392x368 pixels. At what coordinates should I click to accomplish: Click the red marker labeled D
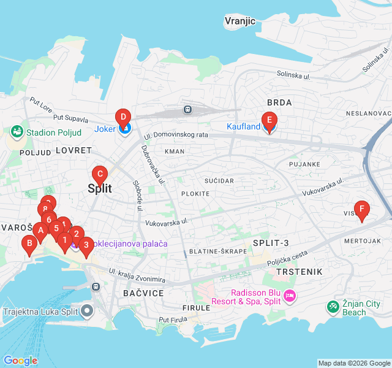coord(123,117)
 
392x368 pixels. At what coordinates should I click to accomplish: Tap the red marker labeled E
coord(268,120)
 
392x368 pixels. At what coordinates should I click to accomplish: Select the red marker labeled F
coord(362,209)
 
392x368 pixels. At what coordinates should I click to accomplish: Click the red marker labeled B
coord(28,243)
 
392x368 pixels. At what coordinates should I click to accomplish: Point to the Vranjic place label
coord(239,21)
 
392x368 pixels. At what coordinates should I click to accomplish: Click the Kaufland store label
coord(244,126)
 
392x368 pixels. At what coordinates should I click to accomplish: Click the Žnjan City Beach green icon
coord(333,305)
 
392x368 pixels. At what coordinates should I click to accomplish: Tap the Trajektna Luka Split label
coord(40,312)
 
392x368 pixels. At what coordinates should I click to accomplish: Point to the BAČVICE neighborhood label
coord(143,293)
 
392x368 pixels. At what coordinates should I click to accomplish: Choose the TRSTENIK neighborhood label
coord(299,270)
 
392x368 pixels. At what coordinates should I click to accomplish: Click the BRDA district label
coord(279,102)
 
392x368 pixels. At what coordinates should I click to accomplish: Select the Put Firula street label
coord(172,320)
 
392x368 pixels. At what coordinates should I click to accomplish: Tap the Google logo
coord(20,361)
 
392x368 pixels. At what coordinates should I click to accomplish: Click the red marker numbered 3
coord(86,245)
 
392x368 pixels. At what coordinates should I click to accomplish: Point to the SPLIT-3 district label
coord(271,243)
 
